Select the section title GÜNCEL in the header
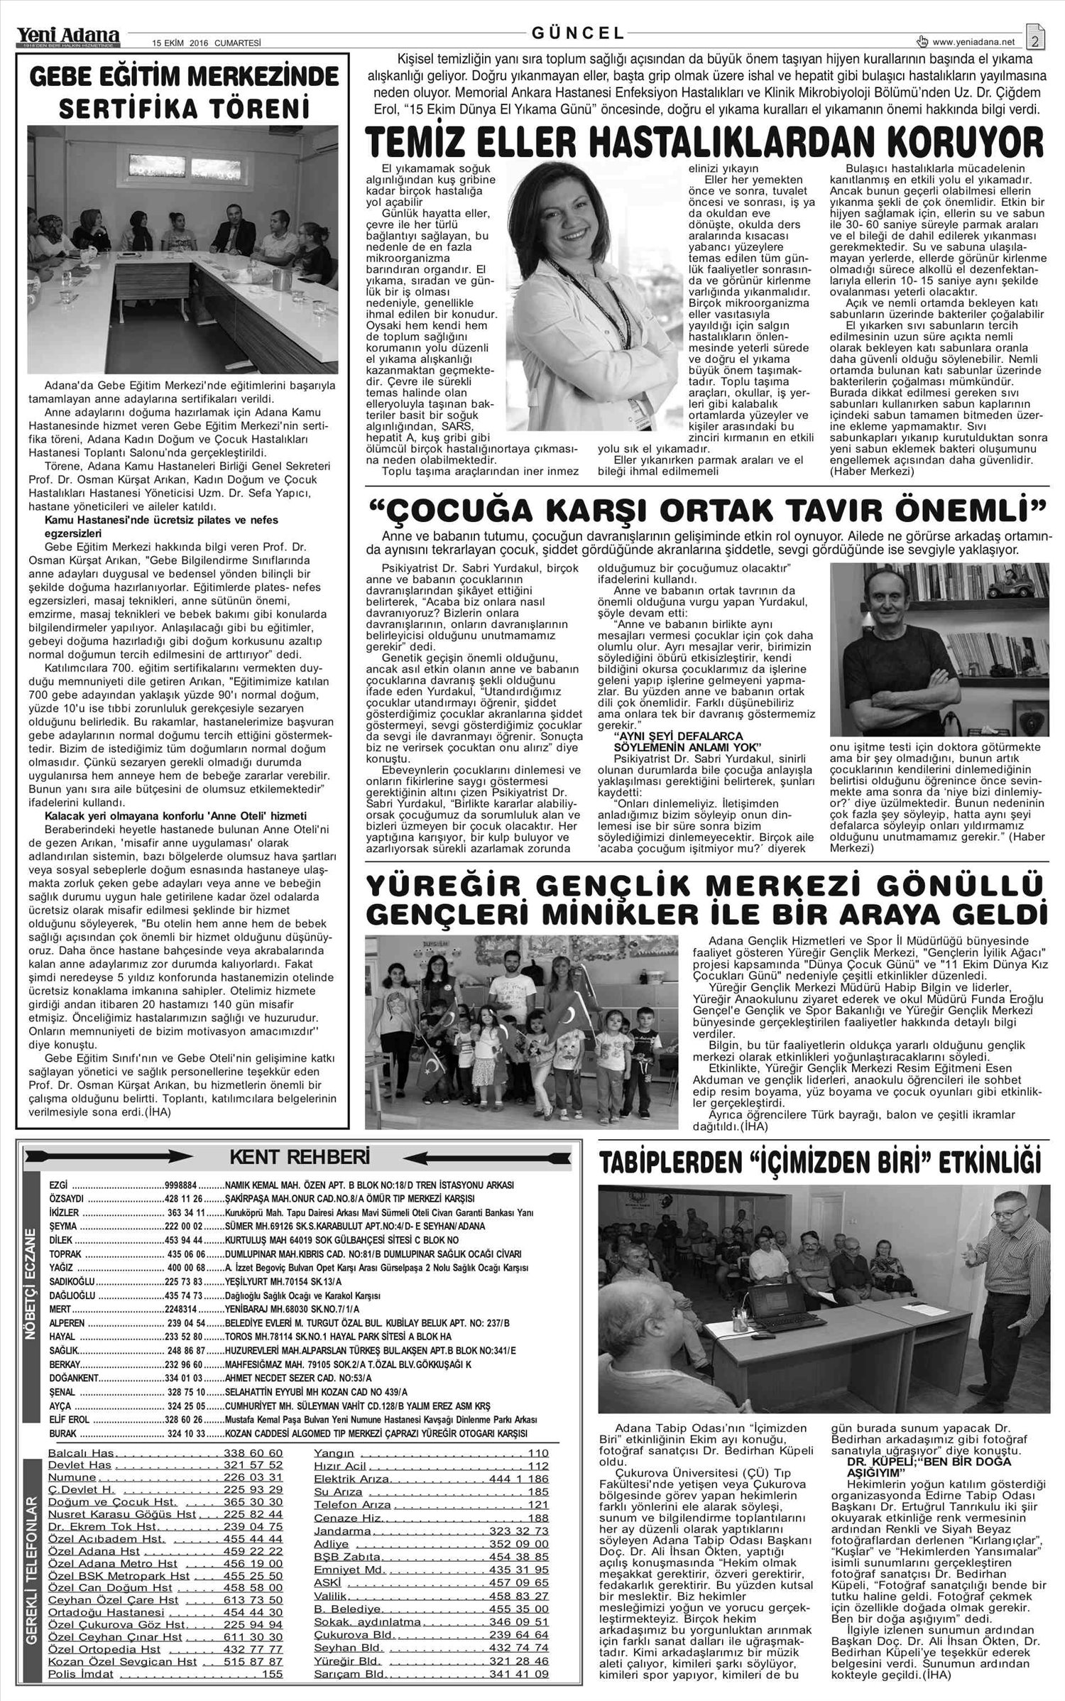(578, 33)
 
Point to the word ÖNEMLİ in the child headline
(959, 510)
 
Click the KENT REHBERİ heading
(299, 1158)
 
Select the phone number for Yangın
(537, 1467)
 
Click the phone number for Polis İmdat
(272, 1688)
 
